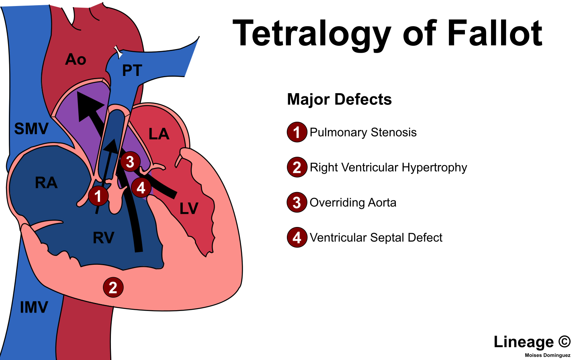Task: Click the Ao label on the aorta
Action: coord(76,59)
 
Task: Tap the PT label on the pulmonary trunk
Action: coord(132,71)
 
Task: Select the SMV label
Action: coord(31,129)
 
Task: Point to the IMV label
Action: coord(34,308)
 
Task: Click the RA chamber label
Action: coord(46,182)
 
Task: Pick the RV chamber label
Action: coord(103,238)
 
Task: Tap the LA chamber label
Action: coord(159,134)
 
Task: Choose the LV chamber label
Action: coord(189,209)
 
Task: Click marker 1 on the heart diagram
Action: coord(98,196)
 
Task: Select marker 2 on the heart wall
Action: coord(113,288)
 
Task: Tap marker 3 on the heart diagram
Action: coord(130,162)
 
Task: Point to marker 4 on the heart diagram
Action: coord(141,188)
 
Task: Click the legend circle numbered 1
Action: coord(297,133)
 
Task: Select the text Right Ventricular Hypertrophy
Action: coord(388,167)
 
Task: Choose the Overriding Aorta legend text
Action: coord(353,202)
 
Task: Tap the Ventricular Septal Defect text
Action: coord(376,237)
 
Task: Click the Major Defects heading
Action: coord(339,99)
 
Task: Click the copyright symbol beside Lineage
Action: coord(564,342)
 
